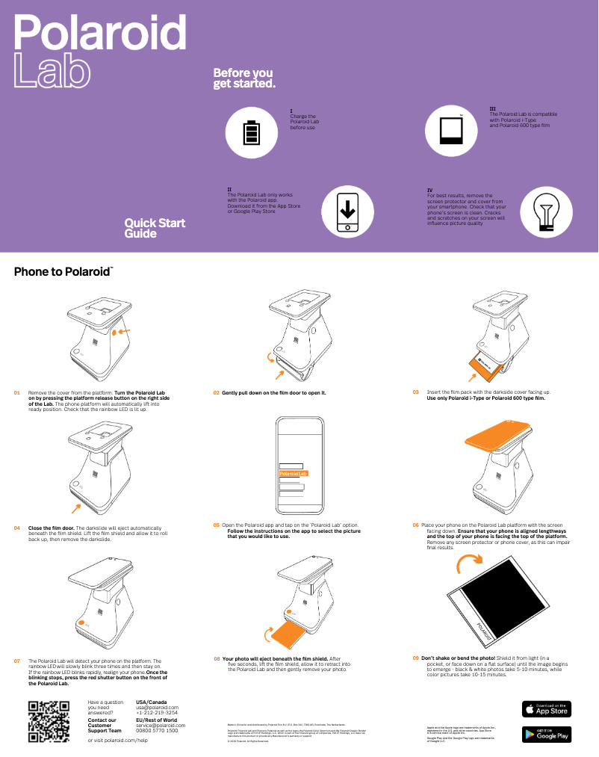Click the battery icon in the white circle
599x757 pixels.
pyautogui.click(x=252, y=132)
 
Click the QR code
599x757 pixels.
pyautogui.click(x=49, y=722)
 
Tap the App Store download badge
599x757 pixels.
pyautogui.click(x=546, y=708)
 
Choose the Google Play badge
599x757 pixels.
pyautogui.click(x=546, y=735)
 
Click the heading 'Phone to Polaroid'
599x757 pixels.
pyautogui.click(x=63, y=272)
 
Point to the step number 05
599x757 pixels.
pyautogui.click(x=216, y=525)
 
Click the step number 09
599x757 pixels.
pyautogui.click(x=415, y=658)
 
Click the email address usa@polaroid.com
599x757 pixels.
pyautogui.click(x=158, y=708)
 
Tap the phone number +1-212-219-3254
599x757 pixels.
pyautogui.click(x=158, y=713)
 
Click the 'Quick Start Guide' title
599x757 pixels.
pyautogui.click(x=155, y=228)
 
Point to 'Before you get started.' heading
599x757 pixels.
pyautogui.click(x=244, y=78)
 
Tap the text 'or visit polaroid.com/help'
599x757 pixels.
pyautogui.click(x=117, y=740)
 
